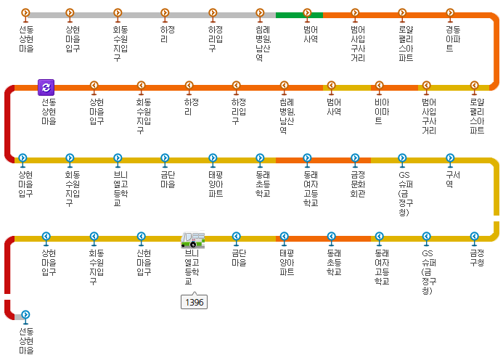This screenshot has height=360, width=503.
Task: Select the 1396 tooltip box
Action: (194, 301)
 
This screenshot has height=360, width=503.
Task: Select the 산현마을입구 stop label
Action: (144, 262)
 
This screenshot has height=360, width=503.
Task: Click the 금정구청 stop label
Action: (476, 258)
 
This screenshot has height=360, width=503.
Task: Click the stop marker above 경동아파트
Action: (450, 13)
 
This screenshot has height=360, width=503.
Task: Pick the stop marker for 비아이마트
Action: (378, 86)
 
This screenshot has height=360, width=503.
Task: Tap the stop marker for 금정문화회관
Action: (355, 157)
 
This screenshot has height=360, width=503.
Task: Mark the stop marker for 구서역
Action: (450, 157)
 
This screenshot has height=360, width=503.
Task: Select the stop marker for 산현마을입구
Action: (142, 236)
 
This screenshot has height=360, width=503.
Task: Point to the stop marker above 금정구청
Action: (474, 236)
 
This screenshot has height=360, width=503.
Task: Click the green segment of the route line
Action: (290, 15)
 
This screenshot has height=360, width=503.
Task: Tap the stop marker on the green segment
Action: (308, 13)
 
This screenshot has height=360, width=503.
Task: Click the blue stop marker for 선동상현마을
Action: (25, 315)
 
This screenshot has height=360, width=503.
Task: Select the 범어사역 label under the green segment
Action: (311, 35)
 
